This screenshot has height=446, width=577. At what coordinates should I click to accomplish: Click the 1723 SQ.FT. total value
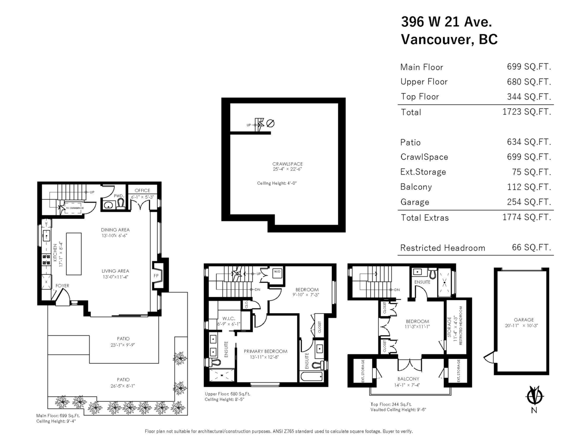[x=525, y=112]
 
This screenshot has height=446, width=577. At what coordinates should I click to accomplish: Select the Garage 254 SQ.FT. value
[x=525, y=202]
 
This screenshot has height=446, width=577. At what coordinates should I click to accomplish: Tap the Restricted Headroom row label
[x=442, y=248]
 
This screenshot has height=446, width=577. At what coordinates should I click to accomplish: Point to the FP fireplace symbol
[x=156, y=276]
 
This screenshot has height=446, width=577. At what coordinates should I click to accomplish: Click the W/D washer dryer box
[x=277, y=272]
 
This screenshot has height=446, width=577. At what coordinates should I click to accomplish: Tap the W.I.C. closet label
[x=228, y=318]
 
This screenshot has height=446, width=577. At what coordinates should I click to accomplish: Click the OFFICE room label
[x=142, y=191]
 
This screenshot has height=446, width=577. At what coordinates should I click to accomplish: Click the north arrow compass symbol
[x=534, y=396]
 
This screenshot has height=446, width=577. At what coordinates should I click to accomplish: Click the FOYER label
[x=63, y=286]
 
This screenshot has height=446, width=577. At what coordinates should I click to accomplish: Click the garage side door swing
[x=488, y=357]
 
